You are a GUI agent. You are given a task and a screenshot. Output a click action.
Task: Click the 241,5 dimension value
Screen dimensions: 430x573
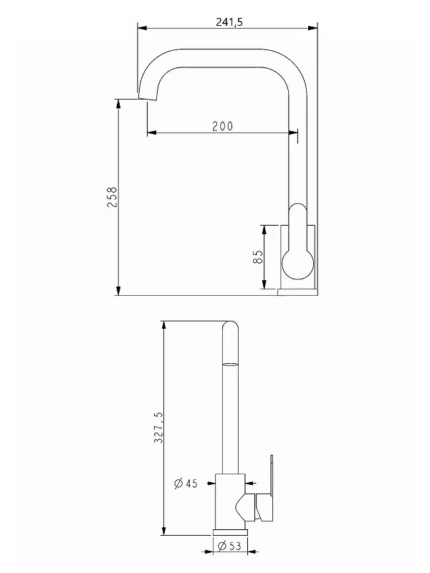(229, 22)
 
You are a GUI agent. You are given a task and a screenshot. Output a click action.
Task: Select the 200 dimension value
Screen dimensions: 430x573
(223, 126)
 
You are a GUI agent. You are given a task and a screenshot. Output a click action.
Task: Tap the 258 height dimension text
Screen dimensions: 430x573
(112, 197)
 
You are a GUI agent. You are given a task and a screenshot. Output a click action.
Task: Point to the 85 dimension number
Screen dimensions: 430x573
(258, 257)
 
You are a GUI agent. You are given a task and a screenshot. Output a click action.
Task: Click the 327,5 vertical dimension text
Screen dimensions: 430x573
(158, 428)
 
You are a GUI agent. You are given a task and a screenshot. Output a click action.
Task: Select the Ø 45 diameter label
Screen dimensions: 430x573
(186, 483)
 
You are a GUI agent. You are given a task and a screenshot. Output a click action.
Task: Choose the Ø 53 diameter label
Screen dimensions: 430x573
(229, 546)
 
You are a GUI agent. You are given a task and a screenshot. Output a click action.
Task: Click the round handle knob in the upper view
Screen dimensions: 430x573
(298, 264)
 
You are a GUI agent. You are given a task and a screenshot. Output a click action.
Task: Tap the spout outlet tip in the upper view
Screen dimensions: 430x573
(147, 98)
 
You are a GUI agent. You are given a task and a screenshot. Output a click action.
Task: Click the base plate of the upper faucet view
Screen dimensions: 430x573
(297, 292)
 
